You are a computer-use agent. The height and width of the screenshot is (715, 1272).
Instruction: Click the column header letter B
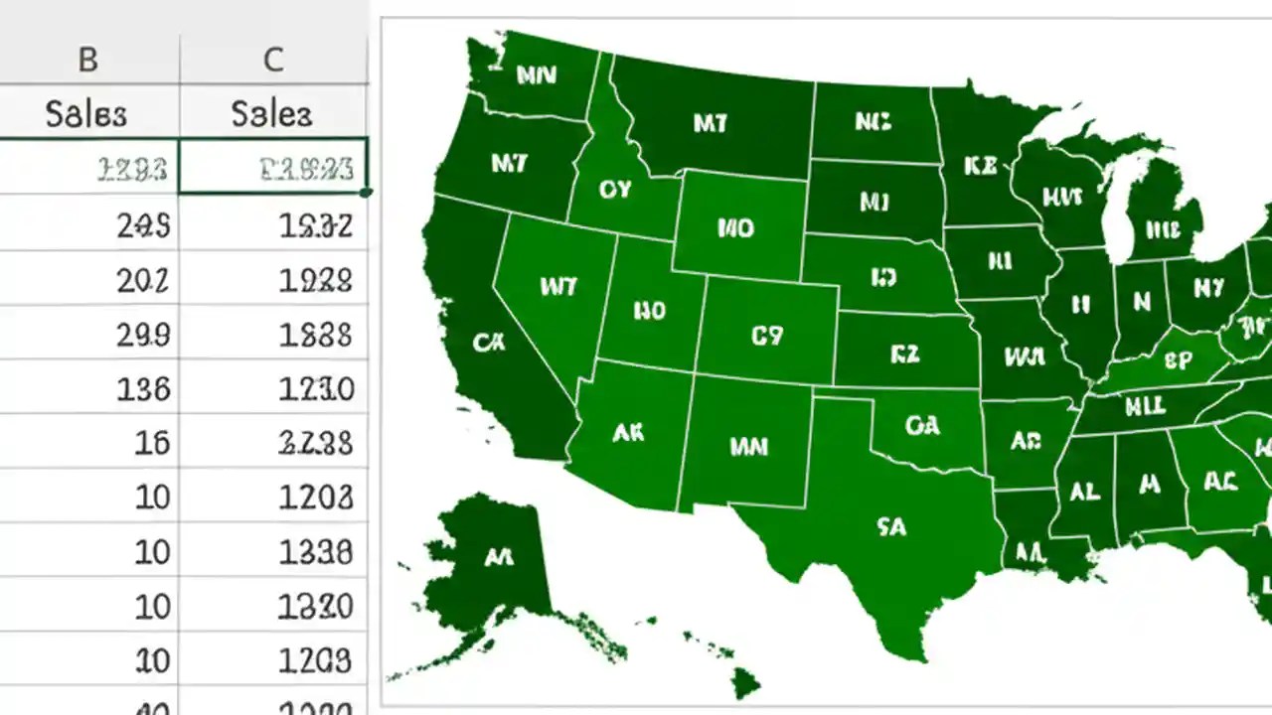click(x=87, y=61)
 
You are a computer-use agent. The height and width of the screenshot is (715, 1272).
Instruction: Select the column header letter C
click(x=273, y=61)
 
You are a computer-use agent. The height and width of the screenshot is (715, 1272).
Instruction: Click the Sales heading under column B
click(x=86, y=114)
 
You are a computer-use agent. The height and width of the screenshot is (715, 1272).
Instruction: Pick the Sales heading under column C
click(x=271, y=114)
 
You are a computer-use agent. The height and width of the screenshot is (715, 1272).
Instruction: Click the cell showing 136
click(x=143, y=388)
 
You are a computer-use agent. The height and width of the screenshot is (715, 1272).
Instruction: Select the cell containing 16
click(x=152, y=443)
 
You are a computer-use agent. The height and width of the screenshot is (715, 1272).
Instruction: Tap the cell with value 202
click(x=143, y=281)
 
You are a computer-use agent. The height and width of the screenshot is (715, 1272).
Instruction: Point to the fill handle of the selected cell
click(x=367, y=192)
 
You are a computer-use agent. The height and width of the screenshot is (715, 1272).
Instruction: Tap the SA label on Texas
click(x=892, y=527)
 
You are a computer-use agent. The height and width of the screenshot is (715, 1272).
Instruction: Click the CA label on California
click(x=488, y=343)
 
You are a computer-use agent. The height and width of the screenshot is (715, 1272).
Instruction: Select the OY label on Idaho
click(x=615, y=189)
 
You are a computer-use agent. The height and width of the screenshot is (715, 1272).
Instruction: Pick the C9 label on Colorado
click(x=766, y=337)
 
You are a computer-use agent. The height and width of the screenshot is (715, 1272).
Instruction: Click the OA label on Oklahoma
click(x=922, y=425)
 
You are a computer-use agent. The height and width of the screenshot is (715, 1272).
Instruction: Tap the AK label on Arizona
click(x=628, y=433)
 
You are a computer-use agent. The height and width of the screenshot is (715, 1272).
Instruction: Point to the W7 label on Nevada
click(x=557, y=287)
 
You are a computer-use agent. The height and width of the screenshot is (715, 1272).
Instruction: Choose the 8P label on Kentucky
click(x=1178, y=360)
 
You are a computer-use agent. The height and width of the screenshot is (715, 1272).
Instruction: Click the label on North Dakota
click(x=873, y=121)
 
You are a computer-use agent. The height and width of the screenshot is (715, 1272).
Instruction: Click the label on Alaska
click(x=498, y=558)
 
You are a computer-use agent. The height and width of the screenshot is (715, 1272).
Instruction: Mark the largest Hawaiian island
click(x=745, y=682)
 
